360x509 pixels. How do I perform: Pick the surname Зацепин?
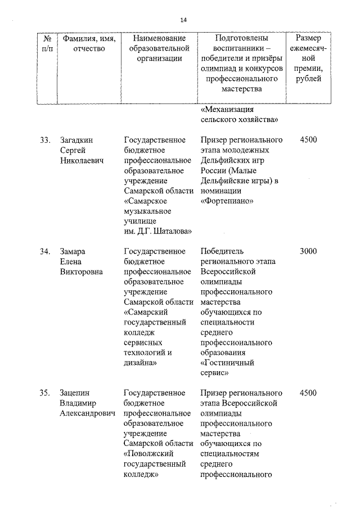[x=75, y=393]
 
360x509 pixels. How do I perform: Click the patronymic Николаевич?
[x=83, y=160]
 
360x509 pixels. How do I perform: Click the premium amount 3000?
[x=309, y=251]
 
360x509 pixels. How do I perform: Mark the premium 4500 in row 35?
[x=309, y=393]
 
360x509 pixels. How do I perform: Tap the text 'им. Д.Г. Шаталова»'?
[x=158, y=231]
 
